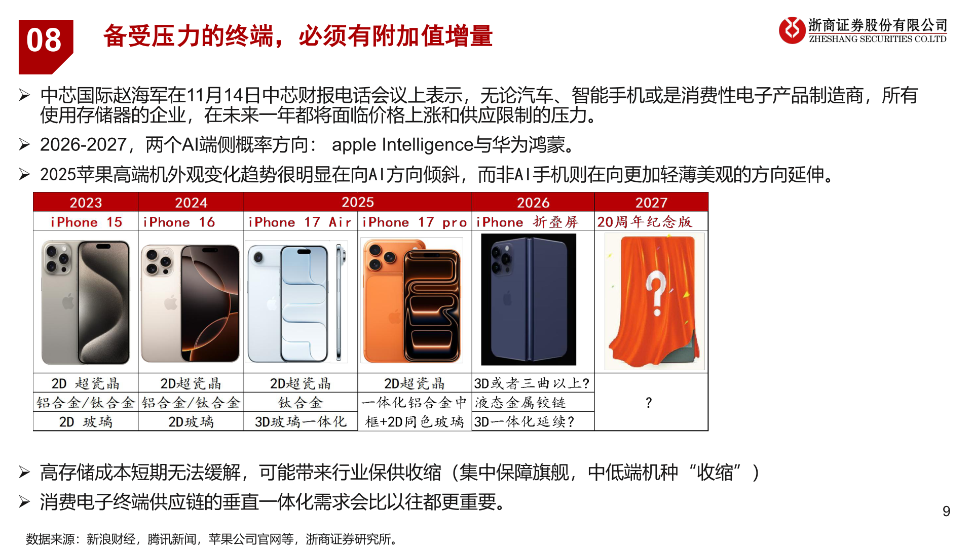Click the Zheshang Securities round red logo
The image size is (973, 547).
click(792, 30)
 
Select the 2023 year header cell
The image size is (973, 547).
click(86, 202)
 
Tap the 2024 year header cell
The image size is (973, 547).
click(191, 202)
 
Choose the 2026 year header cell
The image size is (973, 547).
click(533, 202)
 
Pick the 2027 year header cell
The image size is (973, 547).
click(651, 202)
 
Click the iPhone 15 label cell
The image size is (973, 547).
click(86, 222)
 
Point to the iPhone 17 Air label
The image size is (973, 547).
click(300, 222)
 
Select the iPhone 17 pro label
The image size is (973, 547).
click(415, 222)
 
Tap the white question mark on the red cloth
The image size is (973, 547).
click(656, 293)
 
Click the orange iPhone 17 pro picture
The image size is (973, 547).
click(411, 301)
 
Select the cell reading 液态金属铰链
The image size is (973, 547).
click(520, 403)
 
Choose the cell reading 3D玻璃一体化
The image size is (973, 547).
click(301, 421)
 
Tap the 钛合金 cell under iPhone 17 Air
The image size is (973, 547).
click(301, 403)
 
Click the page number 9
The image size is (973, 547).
click(946, 511)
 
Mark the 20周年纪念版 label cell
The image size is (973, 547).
click(645, 222)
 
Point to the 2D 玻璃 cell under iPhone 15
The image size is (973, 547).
click(86, 421)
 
